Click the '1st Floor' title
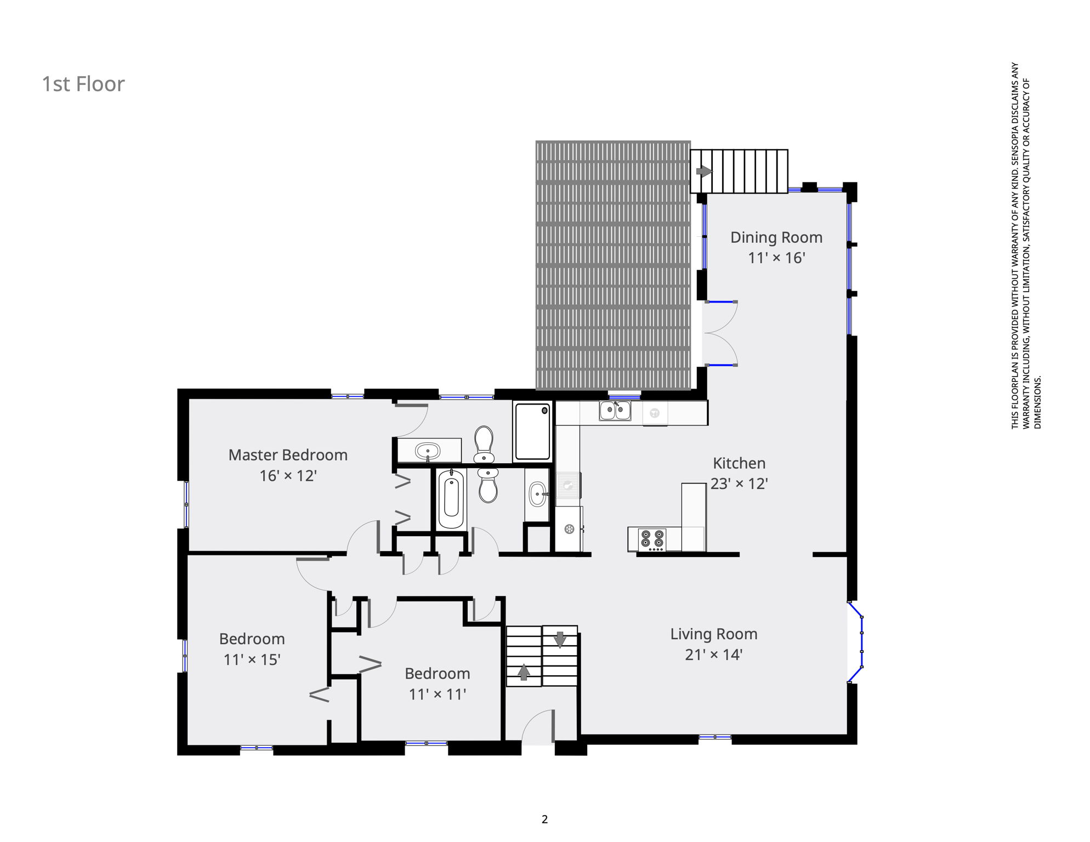83,84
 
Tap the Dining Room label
776,237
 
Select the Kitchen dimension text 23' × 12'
739,483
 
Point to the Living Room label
714,634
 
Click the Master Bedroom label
288,455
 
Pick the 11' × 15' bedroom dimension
252,659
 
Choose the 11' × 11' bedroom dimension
437,695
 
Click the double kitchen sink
615,411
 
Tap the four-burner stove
652,540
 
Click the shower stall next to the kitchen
532,432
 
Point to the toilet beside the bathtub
487,485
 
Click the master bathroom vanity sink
428,451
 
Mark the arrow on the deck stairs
704,172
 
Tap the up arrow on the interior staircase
524,672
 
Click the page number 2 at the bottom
544,820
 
